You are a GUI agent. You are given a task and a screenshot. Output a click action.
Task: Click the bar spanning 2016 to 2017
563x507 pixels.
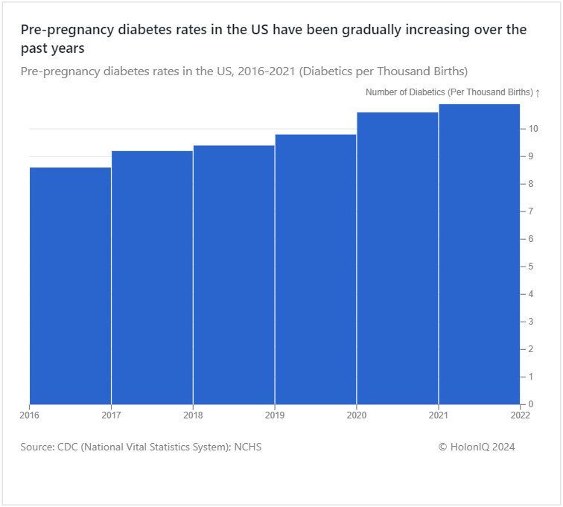click(x=70, y=286)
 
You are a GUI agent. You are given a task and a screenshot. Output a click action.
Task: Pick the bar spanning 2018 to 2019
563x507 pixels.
click(x=234, y=275)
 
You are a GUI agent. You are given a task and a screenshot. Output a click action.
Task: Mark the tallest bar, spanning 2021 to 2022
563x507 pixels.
click(x=479, y=254)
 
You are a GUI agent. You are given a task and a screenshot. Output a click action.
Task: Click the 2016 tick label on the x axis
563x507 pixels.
click(x=30, y=415)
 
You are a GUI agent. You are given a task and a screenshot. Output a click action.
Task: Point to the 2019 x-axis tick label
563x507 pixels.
click(x=275, y=415)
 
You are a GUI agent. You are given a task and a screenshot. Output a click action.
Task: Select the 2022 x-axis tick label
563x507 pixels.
click(x=520, y=415)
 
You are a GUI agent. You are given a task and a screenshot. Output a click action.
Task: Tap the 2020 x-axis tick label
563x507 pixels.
click(x=357, y=415)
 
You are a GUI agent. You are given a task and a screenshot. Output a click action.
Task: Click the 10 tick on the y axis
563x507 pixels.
click(x=533, y=129)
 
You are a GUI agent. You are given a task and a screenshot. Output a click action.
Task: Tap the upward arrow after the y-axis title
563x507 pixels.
click(x=538, y=92)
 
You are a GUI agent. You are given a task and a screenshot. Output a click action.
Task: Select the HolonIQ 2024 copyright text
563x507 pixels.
click(x=477, y=447)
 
